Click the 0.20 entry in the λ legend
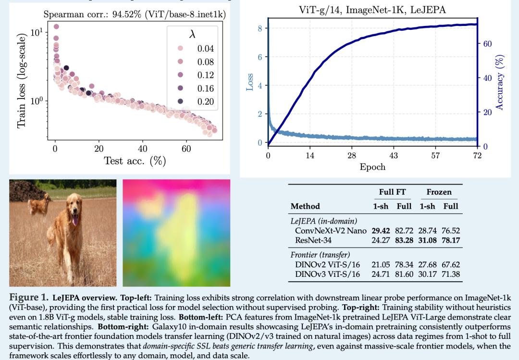coord(205,101)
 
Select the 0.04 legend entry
coord(205,49)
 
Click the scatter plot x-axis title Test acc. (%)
coord(135,161)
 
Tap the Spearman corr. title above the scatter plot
coord(135,14)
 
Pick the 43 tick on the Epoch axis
coord(394,156)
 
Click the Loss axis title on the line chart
coord(250,82)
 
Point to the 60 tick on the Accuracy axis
coord(487,44)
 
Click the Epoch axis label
coord(372,167)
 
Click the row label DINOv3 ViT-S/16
coord(327,274)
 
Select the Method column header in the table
coord(305,206)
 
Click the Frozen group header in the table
coord(439,192)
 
